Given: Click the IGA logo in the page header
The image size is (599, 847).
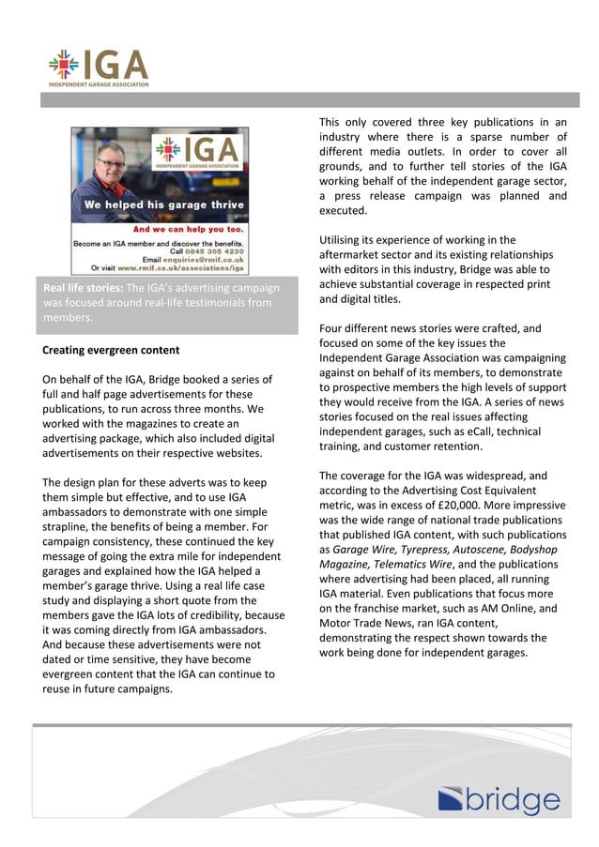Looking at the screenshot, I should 99,67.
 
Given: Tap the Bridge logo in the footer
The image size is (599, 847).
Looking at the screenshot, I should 499,800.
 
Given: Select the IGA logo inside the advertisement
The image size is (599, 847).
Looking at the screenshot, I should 196,152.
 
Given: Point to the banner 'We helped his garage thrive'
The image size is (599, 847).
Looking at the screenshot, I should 164,204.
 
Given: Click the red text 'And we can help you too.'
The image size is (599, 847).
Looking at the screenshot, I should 189,228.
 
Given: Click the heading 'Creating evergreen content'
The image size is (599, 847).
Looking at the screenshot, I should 111,350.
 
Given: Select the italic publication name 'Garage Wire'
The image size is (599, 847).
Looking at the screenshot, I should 365,550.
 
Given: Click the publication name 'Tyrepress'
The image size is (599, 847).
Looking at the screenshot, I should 428,550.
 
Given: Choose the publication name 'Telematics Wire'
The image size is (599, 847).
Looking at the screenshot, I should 413,565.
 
